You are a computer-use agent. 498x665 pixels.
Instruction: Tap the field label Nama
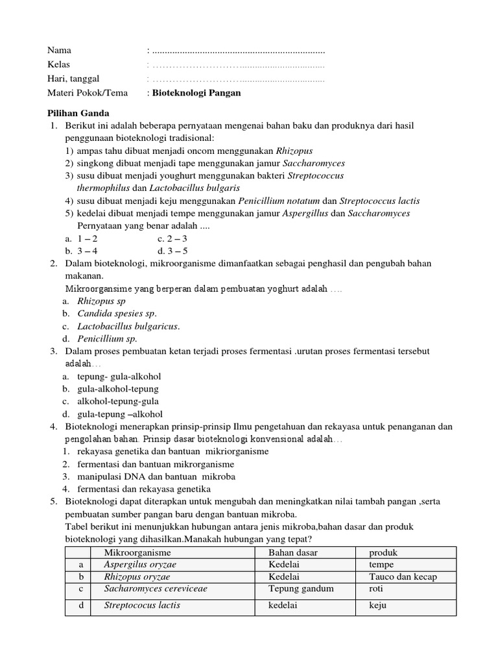(x=59, y=50)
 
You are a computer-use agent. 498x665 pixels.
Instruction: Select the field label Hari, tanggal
(x=73, y=79)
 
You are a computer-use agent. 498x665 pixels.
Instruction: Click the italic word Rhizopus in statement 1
(x=267, y=150)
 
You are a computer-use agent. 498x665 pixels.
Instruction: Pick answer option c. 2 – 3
(x=172, y=238)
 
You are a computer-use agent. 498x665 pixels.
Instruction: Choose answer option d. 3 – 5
(x=172, y=250)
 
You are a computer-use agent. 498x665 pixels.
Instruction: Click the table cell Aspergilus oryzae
(x=140, y=564)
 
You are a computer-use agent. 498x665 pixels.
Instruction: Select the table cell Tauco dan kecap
(x=403, y=577)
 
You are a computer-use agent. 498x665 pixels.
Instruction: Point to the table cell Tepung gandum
(x=301, y=589)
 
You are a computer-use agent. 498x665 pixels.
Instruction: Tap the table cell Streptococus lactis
(x=142, y=605)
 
